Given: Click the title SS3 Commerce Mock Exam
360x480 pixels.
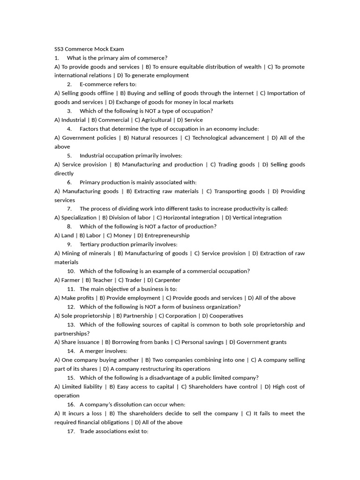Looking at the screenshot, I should [x=89, y=49].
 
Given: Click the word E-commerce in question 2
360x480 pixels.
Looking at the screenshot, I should [x=96, y=84].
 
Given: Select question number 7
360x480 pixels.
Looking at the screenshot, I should [x=69, y=209].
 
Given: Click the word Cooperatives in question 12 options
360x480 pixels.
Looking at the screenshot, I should [x=226, y=315].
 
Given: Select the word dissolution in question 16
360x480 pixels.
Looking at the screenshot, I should [x=122, y=405].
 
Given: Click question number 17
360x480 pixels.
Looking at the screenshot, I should [x=71, y=431].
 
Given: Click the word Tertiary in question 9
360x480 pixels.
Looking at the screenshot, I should [x=90, y=244].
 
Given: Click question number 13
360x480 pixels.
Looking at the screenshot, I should [x=71, y=324].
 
